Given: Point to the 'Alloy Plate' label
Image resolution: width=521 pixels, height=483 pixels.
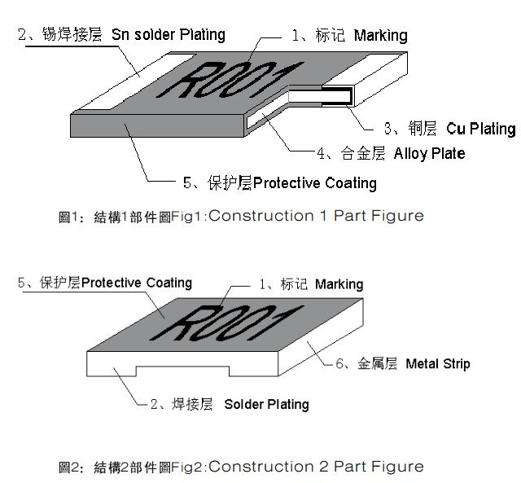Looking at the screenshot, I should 429,153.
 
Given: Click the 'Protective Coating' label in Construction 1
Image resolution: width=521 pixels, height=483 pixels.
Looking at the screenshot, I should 315,182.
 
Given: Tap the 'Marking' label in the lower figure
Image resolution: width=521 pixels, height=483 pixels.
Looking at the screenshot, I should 339,284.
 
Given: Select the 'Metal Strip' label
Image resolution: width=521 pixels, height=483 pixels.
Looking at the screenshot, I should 437,363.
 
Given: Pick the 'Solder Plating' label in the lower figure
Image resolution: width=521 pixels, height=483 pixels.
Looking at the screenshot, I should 266,404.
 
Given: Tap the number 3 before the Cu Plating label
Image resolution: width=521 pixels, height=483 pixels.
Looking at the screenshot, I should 389,129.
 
